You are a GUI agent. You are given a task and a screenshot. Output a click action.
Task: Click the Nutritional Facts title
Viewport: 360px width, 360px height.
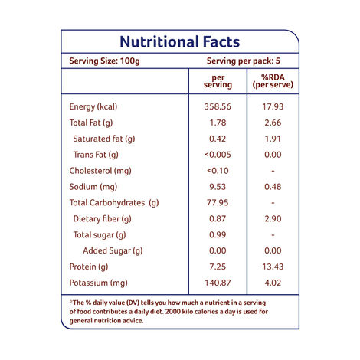pos(179,41)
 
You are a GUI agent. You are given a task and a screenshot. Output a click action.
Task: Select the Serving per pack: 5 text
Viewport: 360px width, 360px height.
pos(244,61)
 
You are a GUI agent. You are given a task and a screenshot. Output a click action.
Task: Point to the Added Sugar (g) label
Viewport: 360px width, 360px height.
pos(113,251)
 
